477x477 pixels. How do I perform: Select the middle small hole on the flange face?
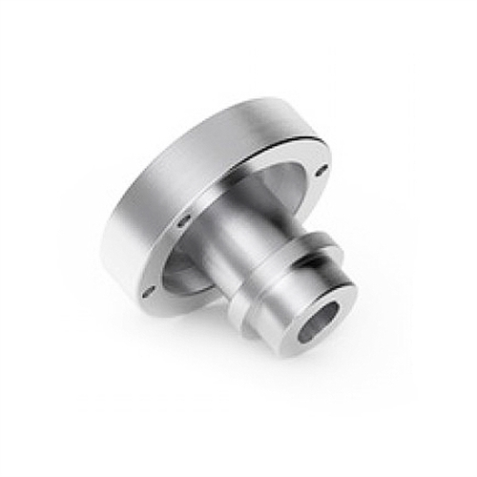pos(180,223)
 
